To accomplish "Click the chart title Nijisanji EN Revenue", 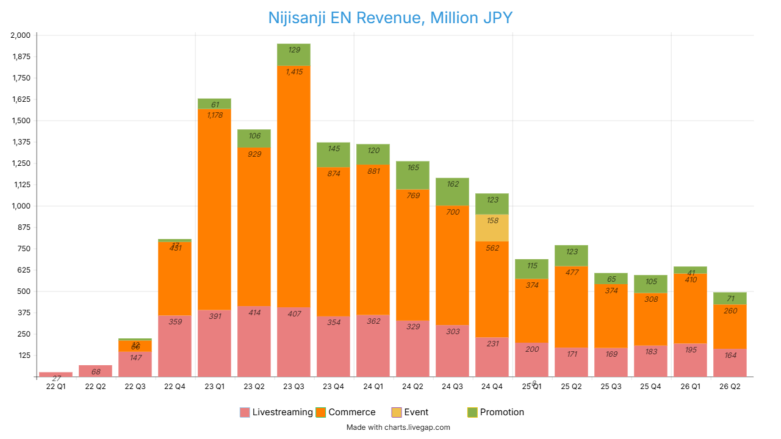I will [x=390, y=18].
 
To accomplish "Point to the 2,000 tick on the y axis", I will [x=20, y=35].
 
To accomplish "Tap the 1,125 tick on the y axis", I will [x=20, y=185].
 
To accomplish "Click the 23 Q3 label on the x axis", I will [x=293, y=387].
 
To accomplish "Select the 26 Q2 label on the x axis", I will [x=730, y=387].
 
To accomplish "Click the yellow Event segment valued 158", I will [x=492, y=228].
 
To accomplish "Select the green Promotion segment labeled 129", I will [x=293, y=55].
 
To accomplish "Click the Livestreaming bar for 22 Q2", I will [x=95, y=371].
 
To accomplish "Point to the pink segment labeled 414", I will [x=254, y=341].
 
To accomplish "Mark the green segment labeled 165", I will [x=412, y=176].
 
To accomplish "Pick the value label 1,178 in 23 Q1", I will [x=215, y=115].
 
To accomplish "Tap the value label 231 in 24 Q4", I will [x=492, y=344].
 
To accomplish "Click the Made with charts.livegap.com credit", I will [x=398, y=427].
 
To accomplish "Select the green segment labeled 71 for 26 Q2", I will [x=730, y=298].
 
